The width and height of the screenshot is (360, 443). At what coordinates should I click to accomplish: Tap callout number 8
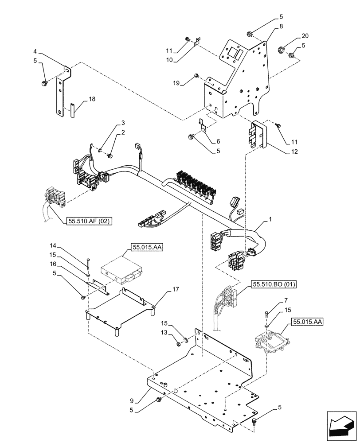pos(280,27)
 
